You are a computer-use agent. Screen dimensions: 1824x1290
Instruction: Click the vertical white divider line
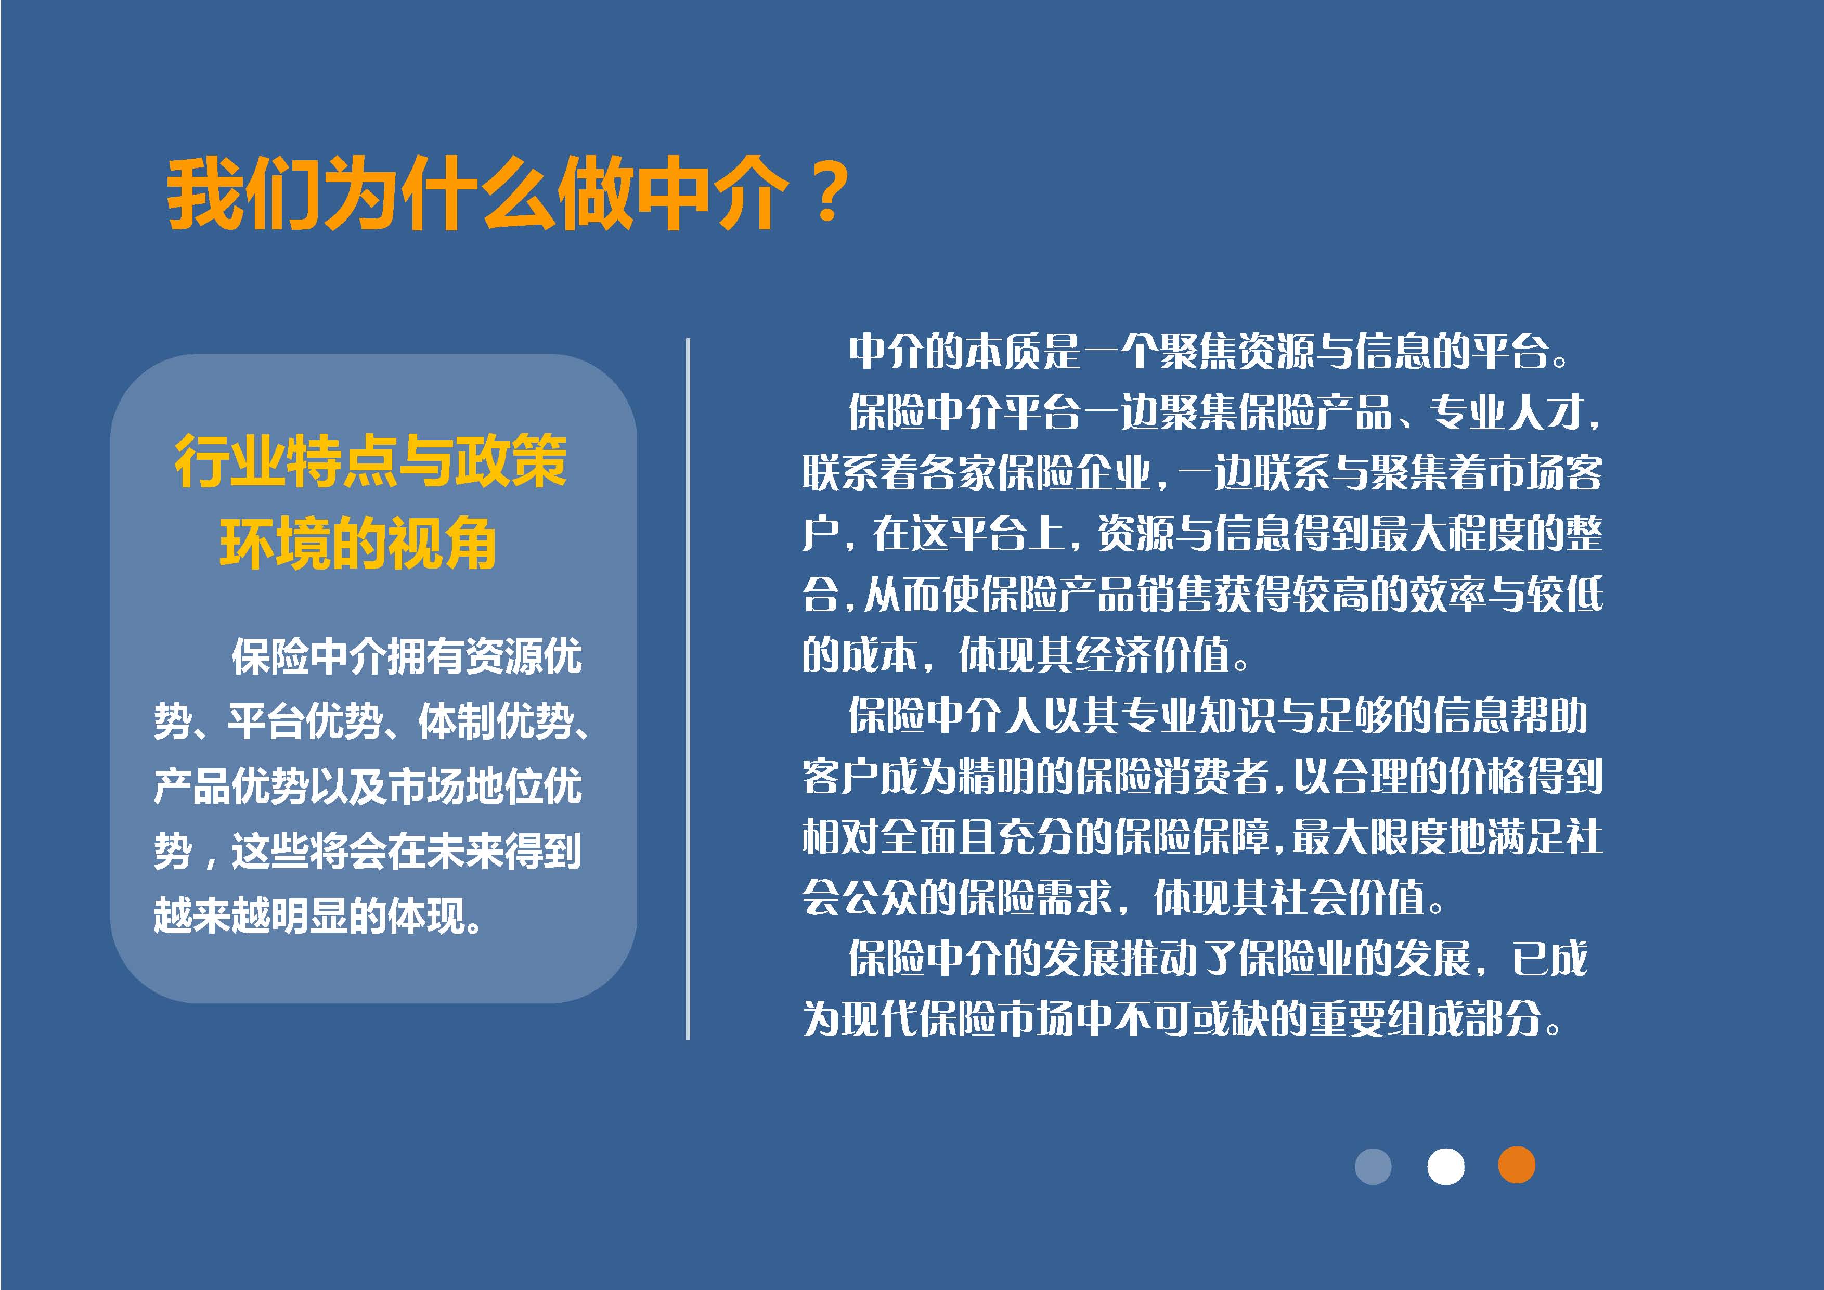(x=688, y=689)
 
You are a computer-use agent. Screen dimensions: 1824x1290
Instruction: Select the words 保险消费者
(x=1172, y=776)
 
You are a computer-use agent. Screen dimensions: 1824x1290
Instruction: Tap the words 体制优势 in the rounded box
(x=495, y=721)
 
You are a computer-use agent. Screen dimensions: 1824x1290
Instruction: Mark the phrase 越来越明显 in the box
(x=250, y=917)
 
